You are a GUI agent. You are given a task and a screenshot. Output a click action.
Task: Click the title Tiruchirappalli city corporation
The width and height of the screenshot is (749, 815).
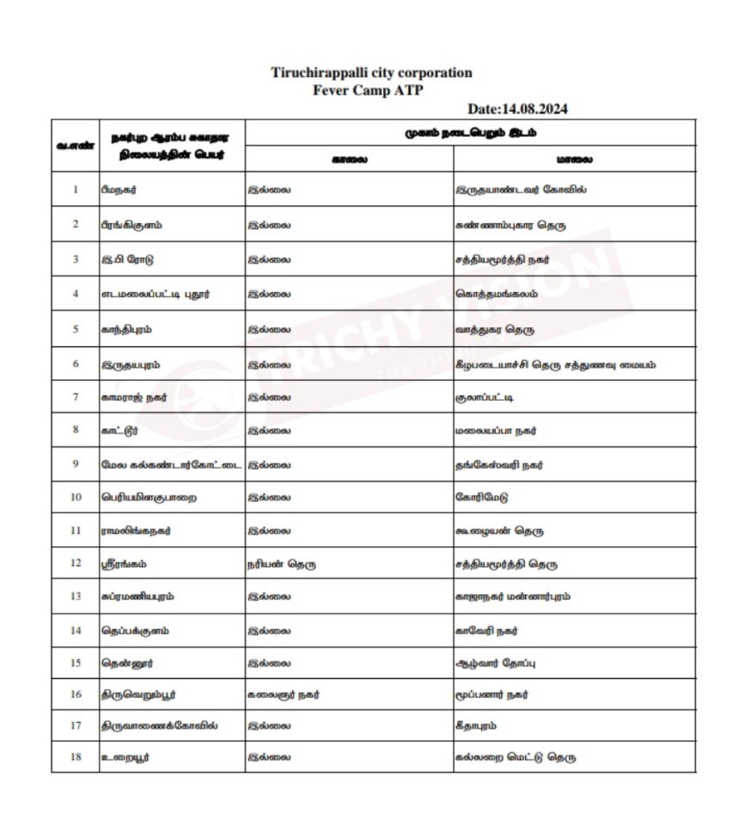coord(371,73)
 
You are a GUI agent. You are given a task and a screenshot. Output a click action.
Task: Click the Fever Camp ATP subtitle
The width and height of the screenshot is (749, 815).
coord(369,90)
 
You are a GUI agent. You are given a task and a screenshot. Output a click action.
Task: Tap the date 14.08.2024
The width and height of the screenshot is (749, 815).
coord(517,109)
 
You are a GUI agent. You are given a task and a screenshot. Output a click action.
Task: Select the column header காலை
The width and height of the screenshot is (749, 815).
coord(350,159)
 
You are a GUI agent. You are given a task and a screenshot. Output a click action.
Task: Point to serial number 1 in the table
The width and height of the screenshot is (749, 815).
coord(76,189)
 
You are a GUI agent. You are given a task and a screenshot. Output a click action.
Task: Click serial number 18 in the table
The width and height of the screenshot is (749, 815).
coord(76,758)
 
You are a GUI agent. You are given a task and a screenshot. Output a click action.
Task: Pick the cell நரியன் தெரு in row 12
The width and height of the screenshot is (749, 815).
coord(281,564)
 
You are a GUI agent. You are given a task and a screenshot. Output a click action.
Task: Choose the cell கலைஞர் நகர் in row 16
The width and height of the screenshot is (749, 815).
coord(283,694)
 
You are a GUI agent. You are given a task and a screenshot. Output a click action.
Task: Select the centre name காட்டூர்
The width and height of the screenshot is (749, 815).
coord(120,430)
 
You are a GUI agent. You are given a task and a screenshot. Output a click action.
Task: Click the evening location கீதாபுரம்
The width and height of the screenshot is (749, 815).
coord(476,725)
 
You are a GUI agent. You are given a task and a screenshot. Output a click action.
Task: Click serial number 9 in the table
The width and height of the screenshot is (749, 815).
coord(76,464)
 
